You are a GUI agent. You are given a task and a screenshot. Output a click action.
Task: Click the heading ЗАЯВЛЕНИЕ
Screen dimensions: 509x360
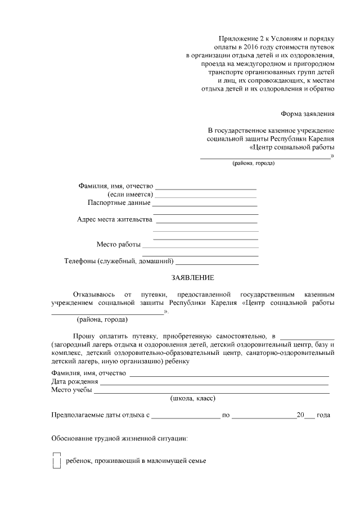(193, 278)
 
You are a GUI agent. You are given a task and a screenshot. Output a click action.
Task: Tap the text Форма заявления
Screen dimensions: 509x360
(308, 114)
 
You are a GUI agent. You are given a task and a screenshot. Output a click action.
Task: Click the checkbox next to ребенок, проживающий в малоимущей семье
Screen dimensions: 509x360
(56, 461)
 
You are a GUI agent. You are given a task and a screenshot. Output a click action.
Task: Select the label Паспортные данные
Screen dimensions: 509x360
(119, 202)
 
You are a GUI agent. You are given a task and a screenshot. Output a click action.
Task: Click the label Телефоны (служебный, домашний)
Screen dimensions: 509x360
(119, 262)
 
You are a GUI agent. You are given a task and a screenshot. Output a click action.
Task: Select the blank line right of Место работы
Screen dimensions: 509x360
(200, 245)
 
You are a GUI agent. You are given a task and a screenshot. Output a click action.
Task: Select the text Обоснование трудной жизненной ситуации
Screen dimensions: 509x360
(119, 438)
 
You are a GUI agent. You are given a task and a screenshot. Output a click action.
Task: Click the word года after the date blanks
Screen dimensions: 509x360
(323, 416)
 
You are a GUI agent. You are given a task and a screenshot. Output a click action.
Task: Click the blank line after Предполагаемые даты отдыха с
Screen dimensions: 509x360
(186, 416)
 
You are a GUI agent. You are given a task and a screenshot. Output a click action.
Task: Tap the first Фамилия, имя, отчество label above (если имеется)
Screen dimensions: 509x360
(115, 186)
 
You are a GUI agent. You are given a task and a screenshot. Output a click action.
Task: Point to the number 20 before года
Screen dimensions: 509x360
(300, 416)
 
